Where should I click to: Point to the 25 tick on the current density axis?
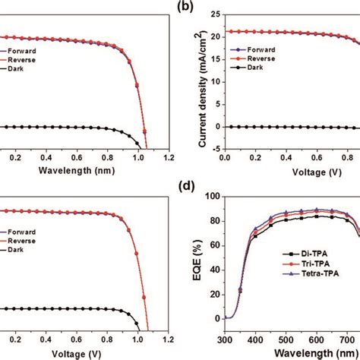tap(214, 14)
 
